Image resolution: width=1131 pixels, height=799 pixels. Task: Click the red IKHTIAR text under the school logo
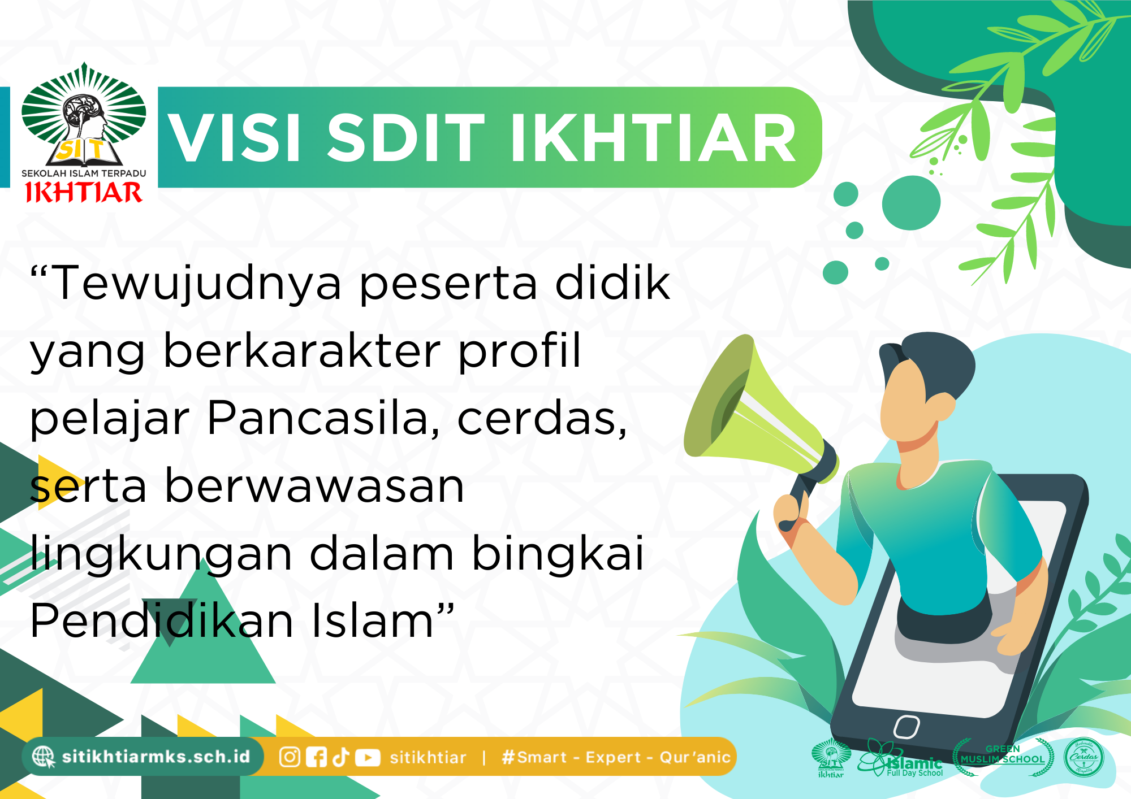point(84,193)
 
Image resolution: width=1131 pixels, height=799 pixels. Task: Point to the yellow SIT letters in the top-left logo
point(83,150)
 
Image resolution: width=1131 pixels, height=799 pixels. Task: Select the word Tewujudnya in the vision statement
point(197,283)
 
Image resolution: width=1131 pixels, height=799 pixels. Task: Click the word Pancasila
point(323,419)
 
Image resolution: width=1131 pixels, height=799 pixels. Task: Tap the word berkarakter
point(302,351)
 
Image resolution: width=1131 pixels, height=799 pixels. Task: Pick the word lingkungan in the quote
point(161,554)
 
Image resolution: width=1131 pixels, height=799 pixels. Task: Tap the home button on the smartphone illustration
point(906,727)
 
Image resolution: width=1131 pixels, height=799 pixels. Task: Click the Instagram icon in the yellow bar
point(290,757)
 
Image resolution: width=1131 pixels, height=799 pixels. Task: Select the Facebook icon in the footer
point(316,757)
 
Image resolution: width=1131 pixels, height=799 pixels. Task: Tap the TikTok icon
point(341,757)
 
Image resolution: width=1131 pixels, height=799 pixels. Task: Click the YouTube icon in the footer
point(368,757)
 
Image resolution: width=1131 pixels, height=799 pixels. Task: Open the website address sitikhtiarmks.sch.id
point(156,757)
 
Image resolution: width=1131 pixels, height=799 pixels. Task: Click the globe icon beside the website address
point(43,757)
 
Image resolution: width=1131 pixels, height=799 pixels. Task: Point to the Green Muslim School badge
point(1003,756)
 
